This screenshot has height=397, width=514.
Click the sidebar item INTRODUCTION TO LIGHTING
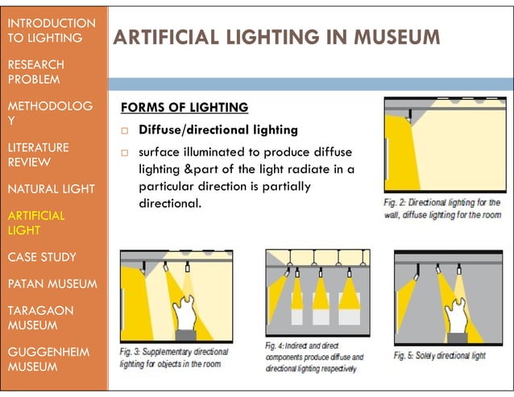coord(49,30)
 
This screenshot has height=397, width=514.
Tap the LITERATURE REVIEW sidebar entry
coord(39,155)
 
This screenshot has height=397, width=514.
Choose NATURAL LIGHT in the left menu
coord(51,189)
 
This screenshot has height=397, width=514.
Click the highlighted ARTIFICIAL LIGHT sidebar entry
coord(35,223)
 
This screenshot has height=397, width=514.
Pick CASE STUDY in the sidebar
coord(41,258)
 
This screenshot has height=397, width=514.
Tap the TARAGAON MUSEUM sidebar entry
coord(39,318)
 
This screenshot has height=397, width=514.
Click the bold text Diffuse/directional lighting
coord(218,130)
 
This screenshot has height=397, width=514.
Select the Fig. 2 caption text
coord(441,209)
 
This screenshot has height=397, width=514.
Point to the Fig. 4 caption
coord(314,357)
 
